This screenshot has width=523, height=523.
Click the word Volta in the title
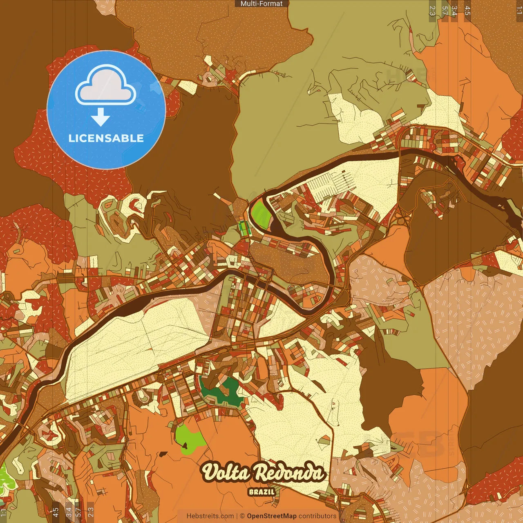tap(226, 473)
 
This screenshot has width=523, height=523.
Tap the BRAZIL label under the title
tap(261, 492)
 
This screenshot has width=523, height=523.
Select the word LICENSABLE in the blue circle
tap(106, 138)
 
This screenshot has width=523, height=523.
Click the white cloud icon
tap(106, 85)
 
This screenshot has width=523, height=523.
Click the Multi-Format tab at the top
tap(261, 4)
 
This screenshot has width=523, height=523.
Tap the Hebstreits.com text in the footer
tap(210, 516)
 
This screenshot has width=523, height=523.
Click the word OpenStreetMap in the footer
tap(272, 516)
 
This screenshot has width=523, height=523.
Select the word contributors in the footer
tap(317, 516)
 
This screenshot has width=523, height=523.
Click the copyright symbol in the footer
tap(242, 516)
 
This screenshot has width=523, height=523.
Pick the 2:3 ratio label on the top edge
tap(432, 11)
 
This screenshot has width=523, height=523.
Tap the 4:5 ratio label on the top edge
tap(467, 11)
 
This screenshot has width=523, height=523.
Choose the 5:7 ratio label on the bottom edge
tap(78, 512)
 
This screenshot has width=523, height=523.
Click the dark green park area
tap(221, 391)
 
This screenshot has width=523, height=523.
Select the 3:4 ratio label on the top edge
tap(455, 11)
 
